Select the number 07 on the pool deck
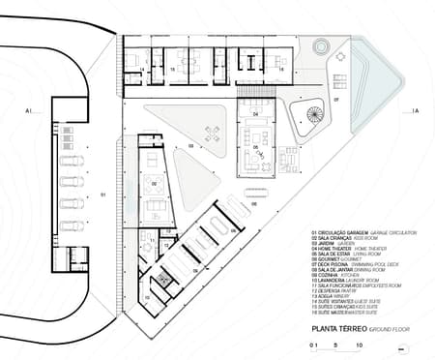point(336,100)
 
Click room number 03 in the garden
point(191,147)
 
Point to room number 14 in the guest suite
point(142,70)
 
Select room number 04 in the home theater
point(256,115)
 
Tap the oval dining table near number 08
point(287,161)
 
